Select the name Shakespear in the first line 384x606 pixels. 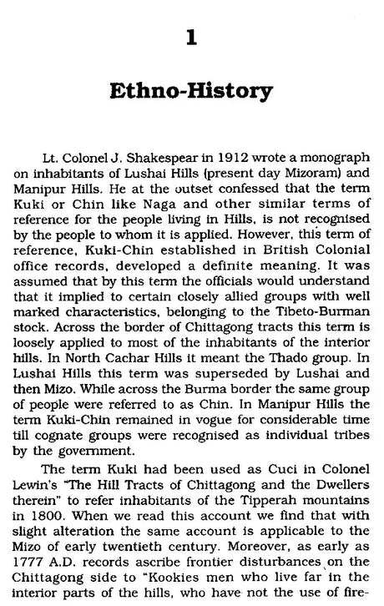(x=169, y=155)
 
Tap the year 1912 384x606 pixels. (x=230, y=155)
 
